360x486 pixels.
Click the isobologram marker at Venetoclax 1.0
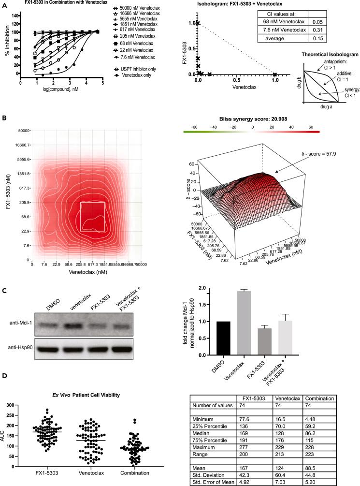[x=275, y=74]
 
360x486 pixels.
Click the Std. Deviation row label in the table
[x=210, y=468]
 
